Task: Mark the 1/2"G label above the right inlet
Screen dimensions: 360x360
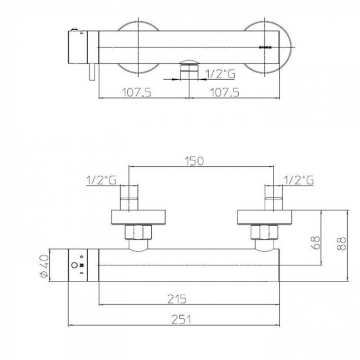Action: click(299, 180)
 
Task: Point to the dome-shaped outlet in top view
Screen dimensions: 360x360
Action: click(189, 63)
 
